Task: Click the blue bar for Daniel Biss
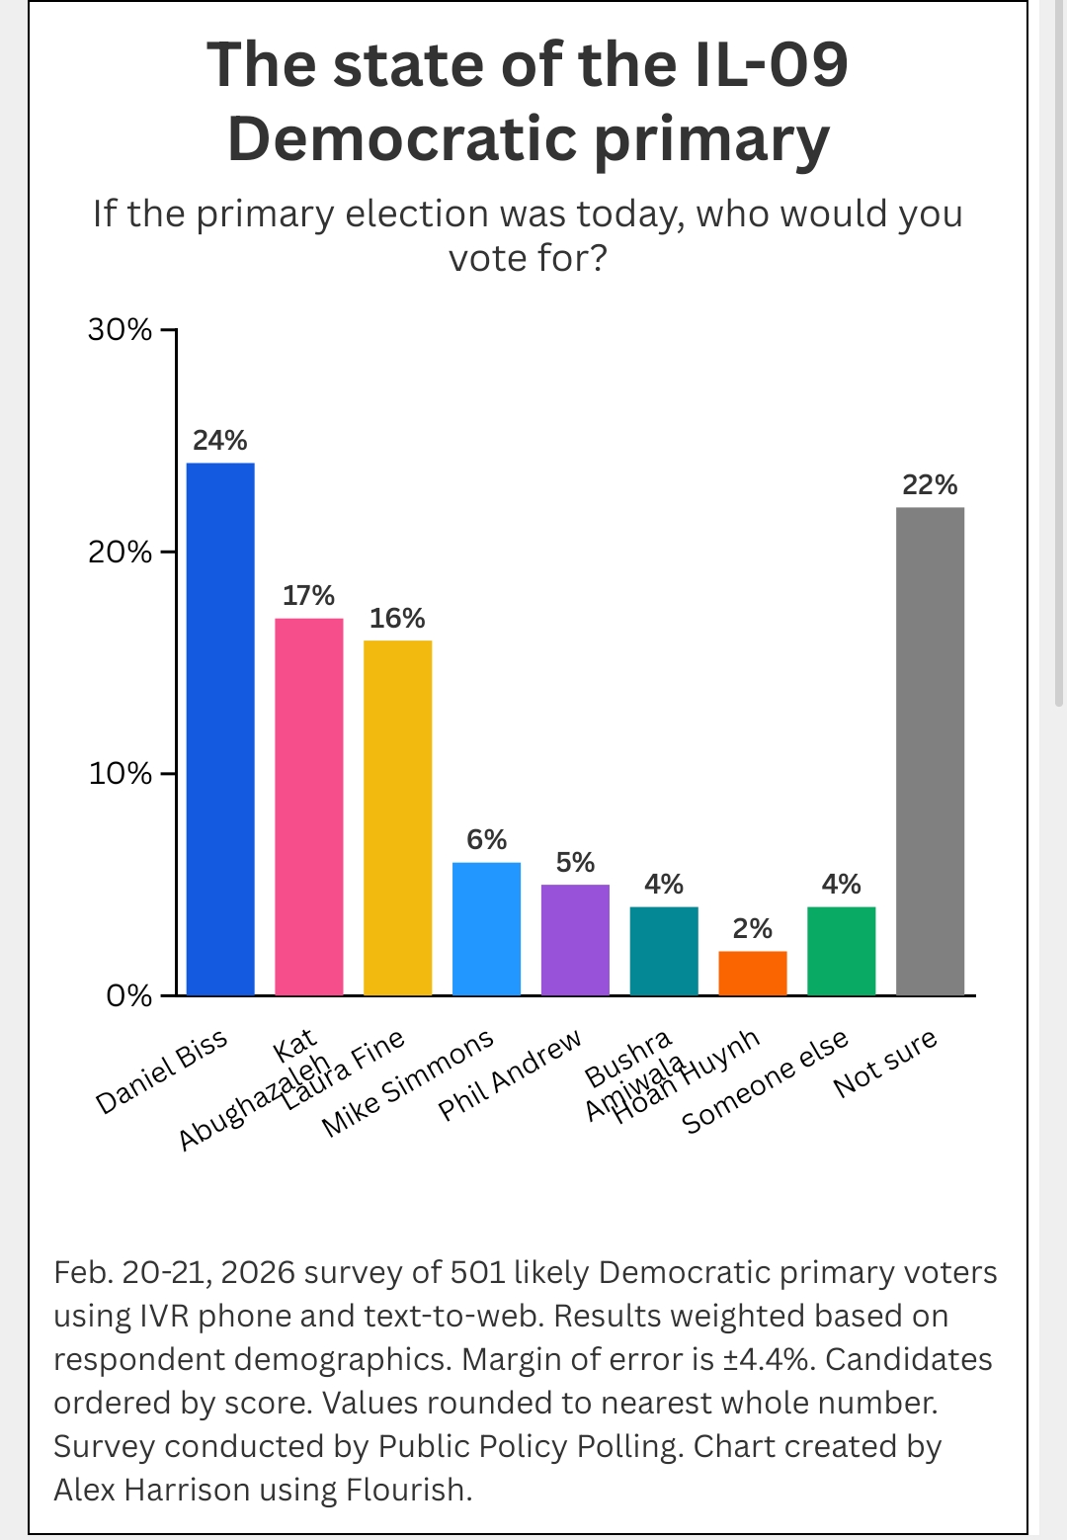(x=220, y=728)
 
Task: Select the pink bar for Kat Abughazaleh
(x=308, y=806)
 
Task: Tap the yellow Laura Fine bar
(x=397, y=817)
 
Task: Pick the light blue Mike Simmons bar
(x=486, y=928)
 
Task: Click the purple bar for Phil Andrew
(x=575, y=939)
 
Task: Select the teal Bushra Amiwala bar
(x=664, y=950)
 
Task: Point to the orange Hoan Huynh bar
(x=752, y=973)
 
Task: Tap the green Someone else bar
(x=841, y=950)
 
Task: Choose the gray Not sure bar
(x=930, y=750)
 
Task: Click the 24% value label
(x=220, y=440)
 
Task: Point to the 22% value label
(x=930, y=484)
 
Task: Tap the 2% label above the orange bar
(x=752, y=928)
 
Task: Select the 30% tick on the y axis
(x=121, y=329)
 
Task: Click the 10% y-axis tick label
(x=121, y=773)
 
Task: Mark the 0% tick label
(x=129, y=995)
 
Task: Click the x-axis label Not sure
(x=885, y=1063)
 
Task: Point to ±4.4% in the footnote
(x=770, y=1359)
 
